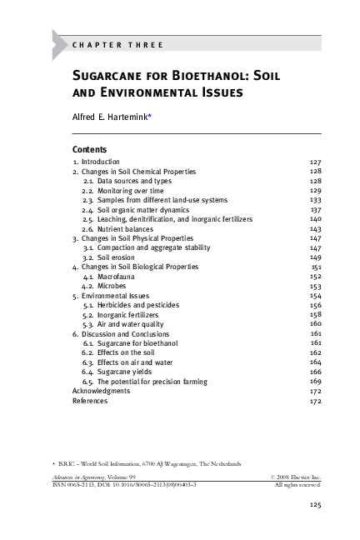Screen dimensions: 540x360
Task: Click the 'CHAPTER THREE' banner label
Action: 117,44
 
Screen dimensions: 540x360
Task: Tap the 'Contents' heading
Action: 89,149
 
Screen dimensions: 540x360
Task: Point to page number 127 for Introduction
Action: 315,161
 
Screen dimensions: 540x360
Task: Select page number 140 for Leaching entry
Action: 315,219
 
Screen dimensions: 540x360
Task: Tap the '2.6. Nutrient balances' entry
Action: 122,228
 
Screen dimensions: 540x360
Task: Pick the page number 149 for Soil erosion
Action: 315,257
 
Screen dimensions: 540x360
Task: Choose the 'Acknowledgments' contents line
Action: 101,391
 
